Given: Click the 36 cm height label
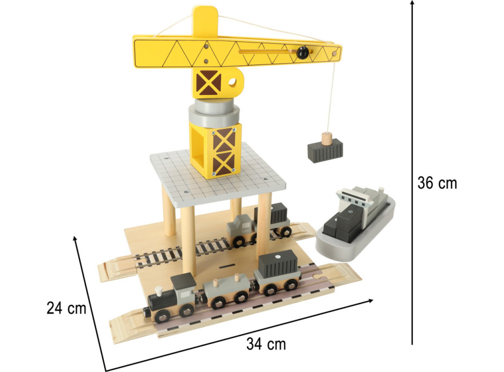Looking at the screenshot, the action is [x=437, y=183].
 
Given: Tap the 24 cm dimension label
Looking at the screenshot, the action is [x=67, y=308].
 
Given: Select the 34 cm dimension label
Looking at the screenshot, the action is [x=266, y=344].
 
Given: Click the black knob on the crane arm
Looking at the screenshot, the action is [x=303, y=52].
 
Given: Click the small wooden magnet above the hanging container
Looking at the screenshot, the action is [x=326, y=138].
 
